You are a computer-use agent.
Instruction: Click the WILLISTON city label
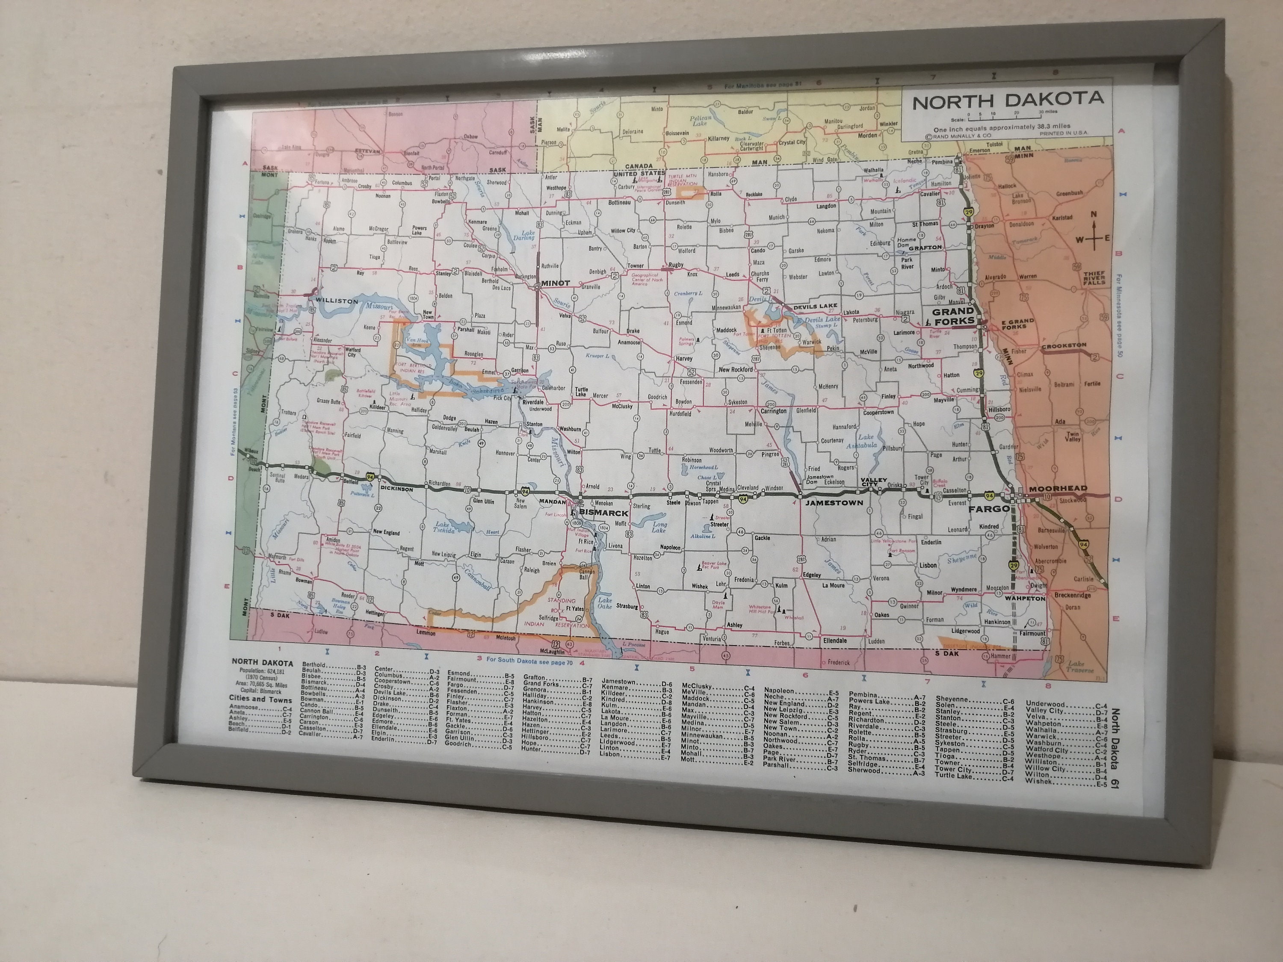pos(337,301)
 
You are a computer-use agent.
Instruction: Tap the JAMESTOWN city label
pos(834,503)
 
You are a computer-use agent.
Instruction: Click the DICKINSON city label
pos(397,489)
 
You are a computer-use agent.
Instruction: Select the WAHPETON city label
pos(1025,598)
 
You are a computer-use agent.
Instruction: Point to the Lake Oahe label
pos(606,604)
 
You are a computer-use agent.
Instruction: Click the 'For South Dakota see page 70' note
pos(529,659)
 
